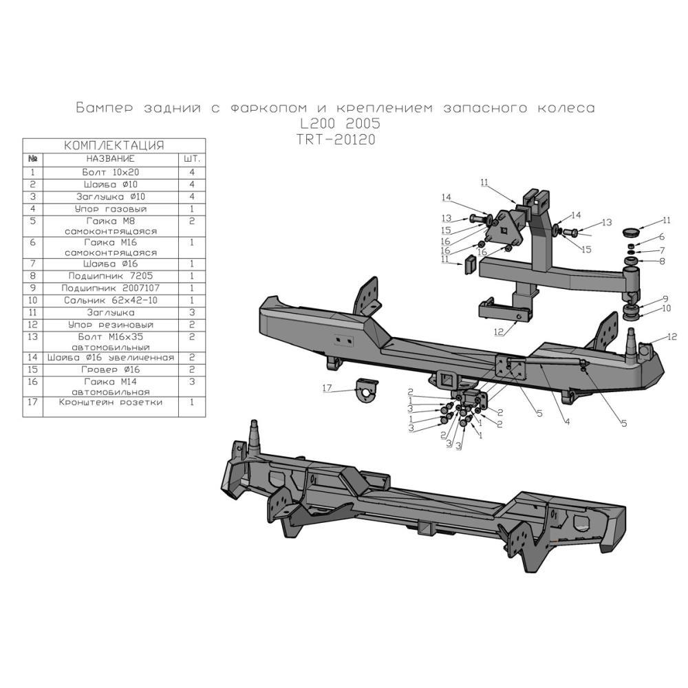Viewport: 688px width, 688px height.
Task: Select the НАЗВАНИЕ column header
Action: (110, 158)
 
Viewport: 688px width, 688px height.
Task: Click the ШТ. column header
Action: (192, 158)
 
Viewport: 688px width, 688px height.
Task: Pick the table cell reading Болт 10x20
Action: (110, 172)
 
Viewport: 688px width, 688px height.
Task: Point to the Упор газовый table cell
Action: (110, 208)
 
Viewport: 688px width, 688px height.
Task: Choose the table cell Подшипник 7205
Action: (110, 275)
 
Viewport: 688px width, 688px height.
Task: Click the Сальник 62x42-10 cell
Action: (110, 301)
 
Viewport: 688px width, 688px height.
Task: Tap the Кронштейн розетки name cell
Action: (110, 402)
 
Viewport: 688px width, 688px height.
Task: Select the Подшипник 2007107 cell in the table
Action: (110, 288)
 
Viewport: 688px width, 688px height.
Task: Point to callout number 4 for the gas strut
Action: (567, 421)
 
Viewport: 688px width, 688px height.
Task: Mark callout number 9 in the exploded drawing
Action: (665, 299)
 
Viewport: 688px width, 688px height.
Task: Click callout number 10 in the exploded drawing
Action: (665, 310)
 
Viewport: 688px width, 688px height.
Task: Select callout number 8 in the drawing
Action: (662, 261)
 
